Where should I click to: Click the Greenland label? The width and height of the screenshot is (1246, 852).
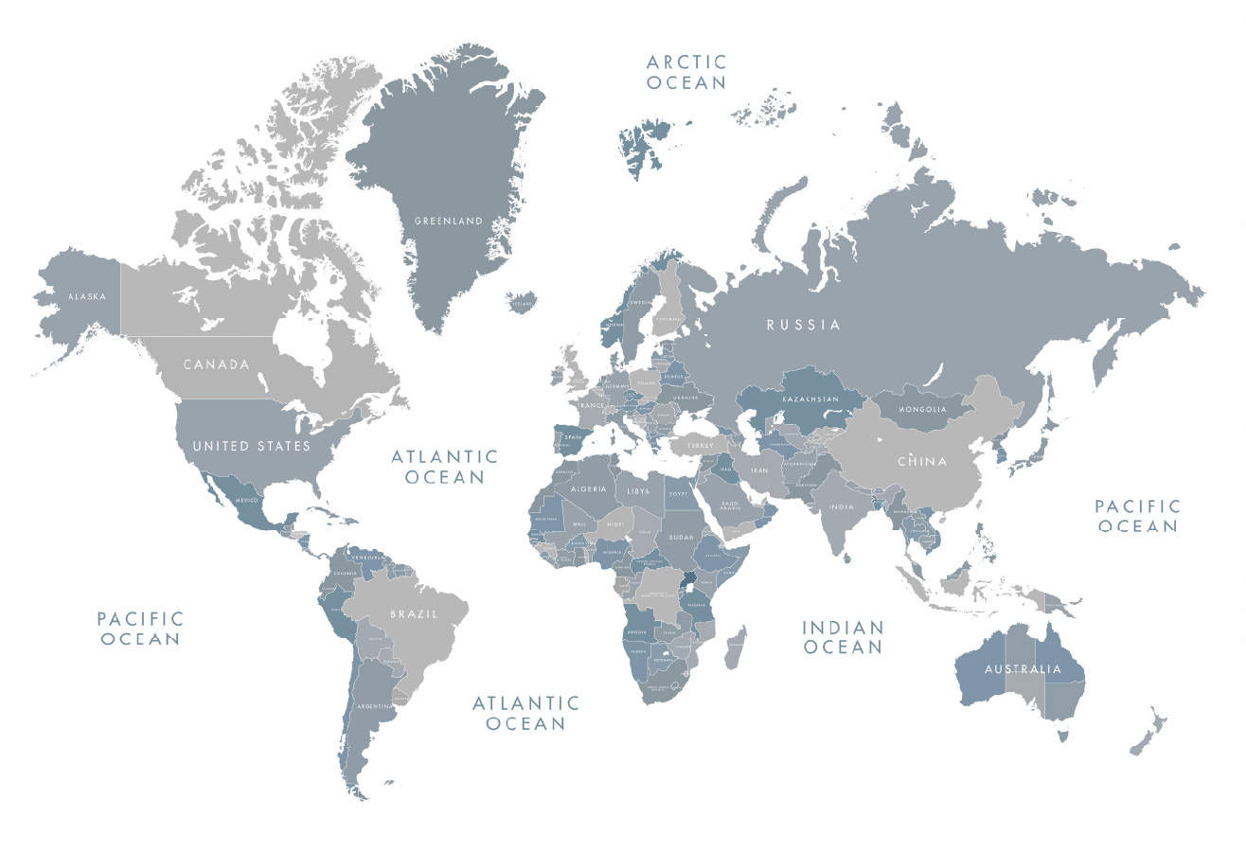coord(449,222)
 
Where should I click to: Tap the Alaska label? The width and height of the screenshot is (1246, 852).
coord(87,296)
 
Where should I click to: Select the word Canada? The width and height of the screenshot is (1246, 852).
coord(217,364)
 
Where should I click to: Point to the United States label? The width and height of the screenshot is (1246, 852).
coord(252,446)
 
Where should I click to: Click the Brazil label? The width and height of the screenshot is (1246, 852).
coord(415,614)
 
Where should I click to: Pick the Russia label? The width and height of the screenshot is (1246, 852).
coord(804,325)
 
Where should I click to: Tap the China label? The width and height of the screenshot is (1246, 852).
coord(922,462)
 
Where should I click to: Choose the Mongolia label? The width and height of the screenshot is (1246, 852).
coord(922,410)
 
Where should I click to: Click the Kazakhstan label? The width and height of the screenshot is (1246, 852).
coord(810,399)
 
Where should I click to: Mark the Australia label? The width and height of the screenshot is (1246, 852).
coord(1023,669)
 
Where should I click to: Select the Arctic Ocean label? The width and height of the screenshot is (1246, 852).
coord(687,72)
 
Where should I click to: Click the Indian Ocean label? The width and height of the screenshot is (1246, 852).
coord(843,637)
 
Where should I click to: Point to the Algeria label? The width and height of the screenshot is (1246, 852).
coord(588,488)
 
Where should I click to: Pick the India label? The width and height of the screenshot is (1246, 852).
coord(841,507)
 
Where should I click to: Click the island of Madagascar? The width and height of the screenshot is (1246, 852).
coord(735,648)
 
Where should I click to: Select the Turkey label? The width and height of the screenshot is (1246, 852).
coord(701,445)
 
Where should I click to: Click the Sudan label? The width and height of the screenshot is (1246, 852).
coord(682,537)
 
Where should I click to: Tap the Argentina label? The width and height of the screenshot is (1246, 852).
coord(375,706)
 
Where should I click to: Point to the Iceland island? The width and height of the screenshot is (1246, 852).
coord(523,303)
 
